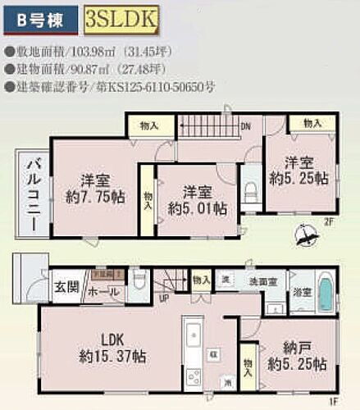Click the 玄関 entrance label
[x=65, y=287]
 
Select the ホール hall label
[x=101, y=291]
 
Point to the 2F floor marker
[x=326, y=221]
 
